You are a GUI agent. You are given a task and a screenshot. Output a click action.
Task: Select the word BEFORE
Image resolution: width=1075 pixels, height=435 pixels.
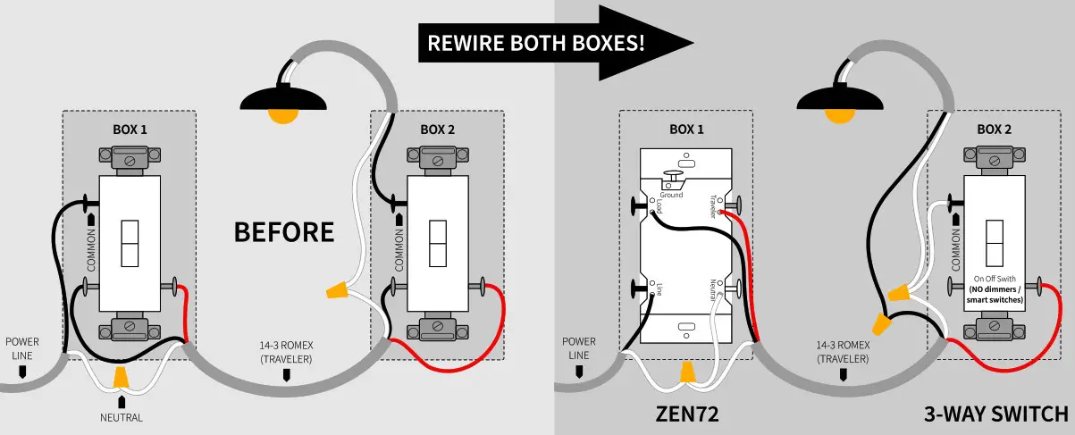point(283,232)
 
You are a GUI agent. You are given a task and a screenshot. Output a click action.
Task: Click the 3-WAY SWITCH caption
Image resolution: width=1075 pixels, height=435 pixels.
point(995,414)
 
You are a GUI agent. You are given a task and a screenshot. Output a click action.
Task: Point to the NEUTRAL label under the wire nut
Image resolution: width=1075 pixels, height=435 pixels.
point(122,417)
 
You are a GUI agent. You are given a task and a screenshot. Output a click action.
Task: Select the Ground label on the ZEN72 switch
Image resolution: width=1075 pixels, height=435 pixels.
point(670,194)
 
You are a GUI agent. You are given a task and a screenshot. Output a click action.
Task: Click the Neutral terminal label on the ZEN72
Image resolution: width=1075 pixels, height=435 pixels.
point(713,294)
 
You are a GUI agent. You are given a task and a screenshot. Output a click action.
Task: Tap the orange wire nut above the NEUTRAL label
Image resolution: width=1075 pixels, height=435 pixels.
point(122,381)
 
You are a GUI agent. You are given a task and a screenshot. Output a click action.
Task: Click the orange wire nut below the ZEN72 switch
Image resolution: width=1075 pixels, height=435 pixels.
point(686,370)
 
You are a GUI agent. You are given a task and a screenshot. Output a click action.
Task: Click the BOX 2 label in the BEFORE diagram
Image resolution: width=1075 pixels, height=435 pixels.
point(438,130)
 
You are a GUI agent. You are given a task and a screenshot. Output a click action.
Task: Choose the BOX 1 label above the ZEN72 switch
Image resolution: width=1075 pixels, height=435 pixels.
point(686,130)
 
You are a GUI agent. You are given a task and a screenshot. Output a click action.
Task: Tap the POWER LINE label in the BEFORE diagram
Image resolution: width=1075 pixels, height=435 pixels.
point(22,348)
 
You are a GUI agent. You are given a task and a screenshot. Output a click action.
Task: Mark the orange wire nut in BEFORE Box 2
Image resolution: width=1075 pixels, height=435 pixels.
point(337,289)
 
